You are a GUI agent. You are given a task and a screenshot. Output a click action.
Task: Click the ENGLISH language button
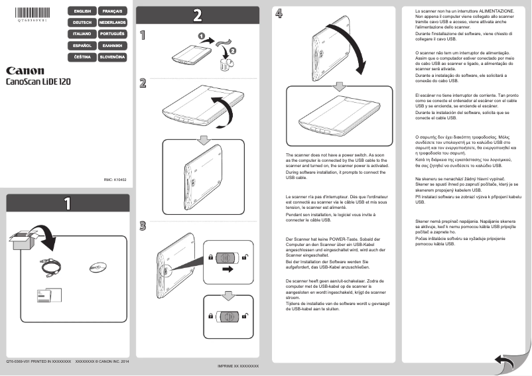click(x=82, y=12)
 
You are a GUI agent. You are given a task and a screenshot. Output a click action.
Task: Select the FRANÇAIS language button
click(x=112, y=12)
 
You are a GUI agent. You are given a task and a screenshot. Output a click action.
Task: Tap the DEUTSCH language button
click(x=82, y=23)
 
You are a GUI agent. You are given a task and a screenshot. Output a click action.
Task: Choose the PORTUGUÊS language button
click(x=112, y=33)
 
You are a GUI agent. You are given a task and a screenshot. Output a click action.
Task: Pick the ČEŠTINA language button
click(x=82, y=58)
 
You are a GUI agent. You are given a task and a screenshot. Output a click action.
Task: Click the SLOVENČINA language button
click(x=112, y=58)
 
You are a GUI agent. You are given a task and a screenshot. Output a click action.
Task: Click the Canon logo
click(x=25, y=70)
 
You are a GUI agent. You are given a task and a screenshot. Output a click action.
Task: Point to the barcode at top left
click(x=33, y=12)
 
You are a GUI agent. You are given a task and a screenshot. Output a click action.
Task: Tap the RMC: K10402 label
click(x=115, y=179)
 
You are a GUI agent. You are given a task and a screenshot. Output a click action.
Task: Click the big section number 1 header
click(x=66, y=204)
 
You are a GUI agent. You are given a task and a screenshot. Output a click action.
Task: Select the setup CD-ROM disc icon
click(x=98, y=267)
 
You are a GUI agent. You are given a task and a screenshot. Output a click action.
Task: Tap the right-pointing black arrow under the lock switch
click(x=228, y=269)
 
